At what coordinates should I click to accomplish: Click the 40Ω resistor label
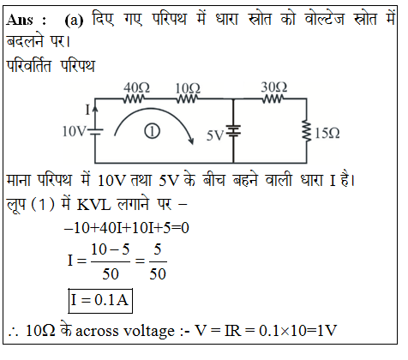[x=136, y=87]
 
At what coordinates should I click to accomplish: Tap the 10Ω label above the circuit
[x=188, y=88]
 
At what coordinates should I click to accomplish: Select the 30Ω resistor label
[x=274, y=87]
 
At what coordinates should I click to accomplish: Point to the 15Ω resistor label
[x=327, y=134]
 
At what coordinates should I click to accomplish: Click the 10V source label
[x=74, y=132]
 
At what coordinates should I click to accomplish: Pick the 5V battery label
[x=215, y=135]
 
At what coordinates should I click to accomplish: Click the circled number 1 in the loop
[x=152, y=131]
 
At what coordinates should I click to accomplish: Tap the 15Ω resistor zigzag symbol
[x=307, y=131]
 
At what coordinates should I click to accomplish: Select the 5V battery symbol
[x=233, y=131]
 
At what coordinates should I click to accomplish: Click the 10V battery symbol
[x=95, y=132]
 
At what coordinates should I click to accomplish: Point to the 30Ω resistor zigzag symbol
[x=273, y=99]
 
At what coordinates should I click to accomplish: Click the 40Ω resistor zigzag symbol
[x=134, y=99]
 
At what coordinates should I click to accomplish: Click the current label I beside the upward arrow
[x=88, y=110]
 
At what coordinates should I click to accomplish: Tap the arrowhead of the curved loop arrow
[x=190, y=140]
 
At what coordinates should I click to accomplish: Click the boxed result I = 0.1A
[x=100, y=301]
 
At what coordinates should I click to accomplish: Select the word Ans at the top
[x=20, y=20]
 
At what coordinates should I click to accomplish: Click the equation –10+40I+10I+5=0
[x=127, y=228]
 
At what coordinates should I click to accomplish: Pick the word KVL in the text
[x=93, y=205]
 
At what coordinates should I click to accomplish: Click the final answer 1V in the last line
[x=327, y=331]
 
